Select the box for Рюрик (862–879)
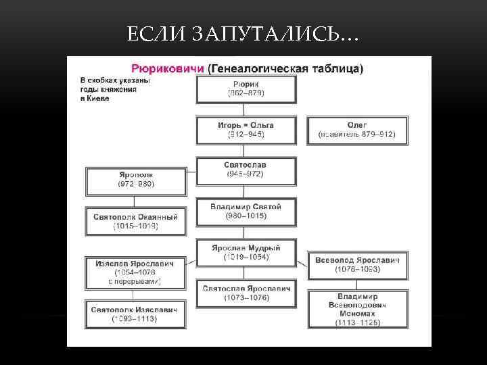click(x=246, y=89)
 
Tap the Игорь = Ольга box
click(x=246, y=130)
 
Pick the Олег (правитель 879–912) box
click(x=356, y=130)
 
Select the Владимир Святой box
click(x=246, y=212)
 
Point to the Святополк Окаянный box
click(x=135, y=221)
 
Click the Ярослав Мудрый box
click(x=246, y=252)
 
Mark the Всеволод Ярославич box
click(x=357, y=264)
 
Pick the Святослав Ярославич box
click(x=246, y=293)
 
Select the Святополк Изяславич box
click(x=135, y=314)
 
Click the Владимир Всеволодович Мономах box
click(x=357, y=310)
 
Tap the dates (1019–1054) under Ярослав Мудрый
click(x=246, y=257)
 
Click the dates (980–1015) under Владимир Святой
click(x=246, y=216)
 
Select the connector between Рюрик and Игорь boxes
click(x=246, y=110)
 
